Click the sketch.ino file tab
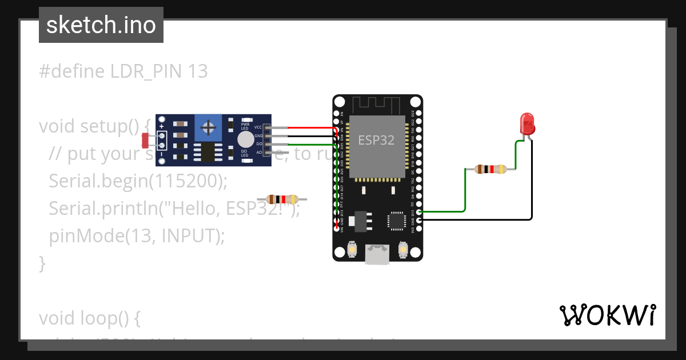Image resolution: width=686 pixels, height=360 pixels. pyautogui.click(x=101, y=25)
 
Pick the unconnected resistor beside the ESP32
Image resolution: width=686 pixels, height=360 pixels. pyautogui.click(x=282, y=199)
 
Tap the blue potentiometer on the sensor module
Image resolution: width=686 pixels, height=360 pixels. pyautogui.click(x=209, y=126)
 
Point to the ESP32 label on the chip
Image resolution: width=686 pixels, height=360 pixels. pyautogui.click(x=376, y=140)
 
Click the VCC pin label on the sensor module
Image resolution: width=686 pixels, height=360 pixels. pyautogui.click(x=258, y=127)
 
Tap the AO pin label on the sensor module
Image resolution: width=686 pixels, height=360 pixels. pyautogui.click(x=259, y=153)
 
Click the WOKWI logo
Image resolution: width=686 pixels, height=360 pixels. pyautogui.click(x=607, y=315)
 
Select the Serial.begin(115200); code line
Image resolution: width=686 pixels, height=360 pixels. pyautogui.click(x=138, y=181)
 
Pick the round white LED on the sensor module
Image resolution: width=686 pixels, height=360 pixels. pyautogui.click(x=245, y=139)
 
